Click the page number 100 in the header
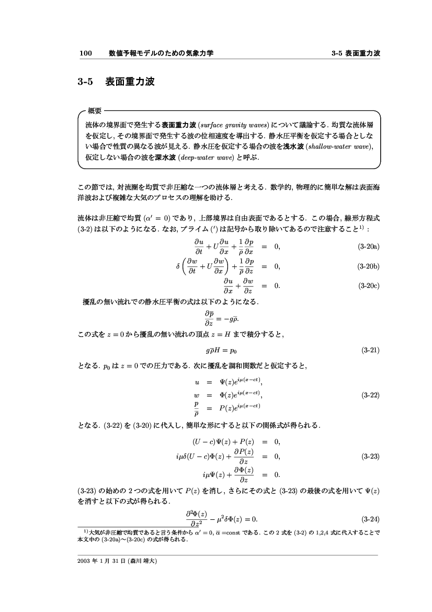point(85,53)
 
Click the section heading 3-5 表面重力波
point(116,82)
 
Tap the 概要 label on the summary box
point(95,110)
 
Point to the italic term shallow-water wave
point(340,146)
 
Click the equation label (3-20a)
point(368,246)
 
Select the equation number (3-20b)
point(368,266)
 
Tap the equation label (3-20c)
point(368,286)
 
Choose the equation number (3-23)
point(370,457)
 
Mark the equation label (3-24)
point(370,519)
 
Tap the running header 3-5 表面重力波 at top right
point(356,53)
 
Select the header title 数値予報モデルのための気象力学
point(161,53)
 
